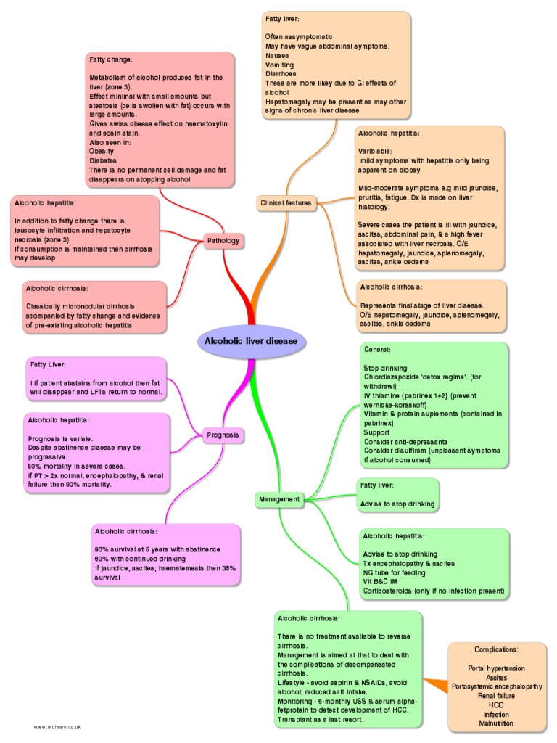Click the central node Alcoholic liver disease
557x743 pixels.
pyautogui.click(x=251, y=342)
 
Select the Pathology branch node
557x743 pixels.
pyautogui.click(x=223, y=240)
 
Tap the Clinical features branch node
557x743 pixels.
pyautogui.click(x=286, y=204)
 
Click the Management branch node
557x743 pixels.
pyautogui.click(x=278, y=499)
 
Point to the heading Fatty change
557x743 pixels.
pyautogui.click(x=110, y=59)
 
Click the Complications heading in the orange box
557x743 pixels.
pyautogui.click(x=497, y=648)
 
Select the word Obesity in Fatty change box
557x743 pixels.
pyautogui.click(x=102, y=151)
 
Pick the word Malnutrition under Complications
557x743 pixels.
pyautogui.click(x=497, y=724)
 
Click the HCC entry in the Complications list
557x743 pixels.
pyautogui.click(x=497, y=705)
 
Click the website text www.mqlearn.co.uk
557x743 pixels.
pyautogui.click(x=56, y=726)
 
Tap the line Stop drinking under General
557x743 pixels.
pyautogui.click(x=385, y=368)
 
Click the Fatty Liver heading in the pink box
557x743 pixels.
pyautogui.click(x=47, y=364)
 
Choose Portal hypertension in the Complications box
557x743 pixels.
pyautogui.click(x=497, y=668)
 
